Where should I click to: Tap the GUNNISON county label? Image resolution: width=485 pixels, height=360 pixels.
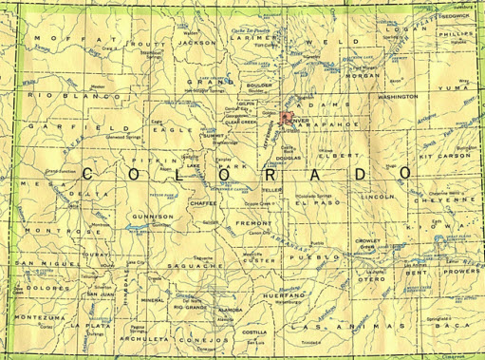(x=153, y=217)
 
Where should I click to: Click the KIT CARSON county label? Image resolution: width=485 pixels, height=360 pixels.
(x=438, y=154)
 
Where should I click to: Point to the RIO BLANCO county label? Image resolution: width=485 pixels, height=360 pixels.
(x=53, y=96)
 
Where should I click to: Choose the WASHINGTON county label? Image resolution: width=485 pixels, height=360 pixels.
(x=398, y=97)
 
